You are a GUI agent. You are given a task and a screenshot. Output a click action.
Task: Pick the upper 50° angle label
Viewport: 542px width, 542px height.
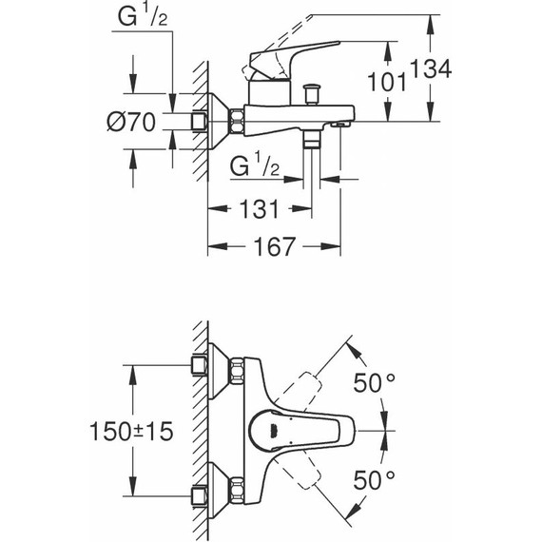click(x=374, y=384)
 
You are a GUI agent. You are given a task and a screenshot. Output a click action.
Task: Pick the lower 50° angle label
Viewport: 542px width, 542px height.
click(x=374, y=478)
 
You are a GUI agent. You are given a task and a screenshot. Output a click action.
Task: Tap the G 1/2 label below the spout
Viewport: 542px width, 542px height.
click(x=255, y=167)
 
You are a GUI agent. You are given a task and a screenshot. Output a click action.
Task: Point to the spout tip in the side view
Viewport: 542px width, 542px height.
click(x=345, y=121)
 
